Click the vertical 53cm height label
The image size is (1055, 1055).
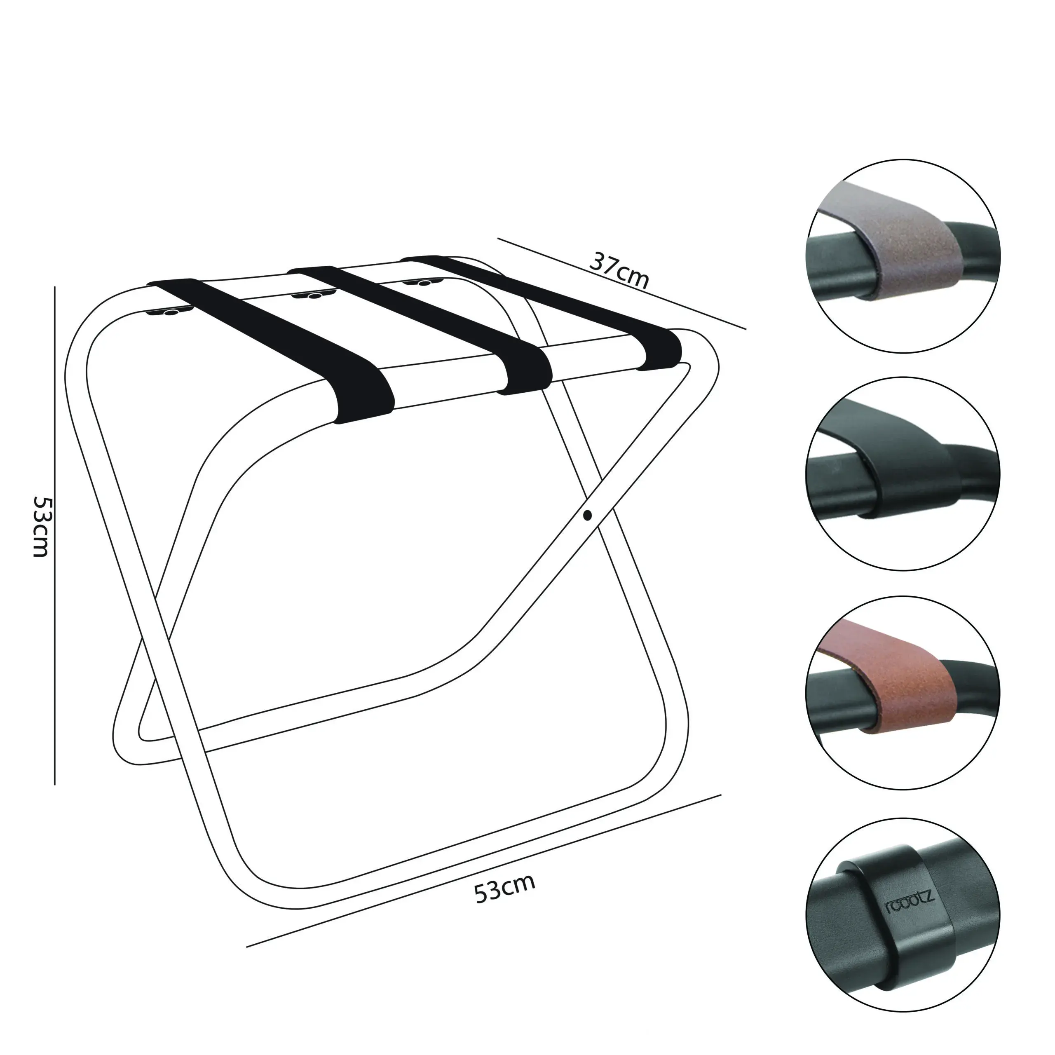(x=41, y=526)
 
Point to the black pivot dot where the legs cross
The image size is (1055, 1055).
(x=588, y=515)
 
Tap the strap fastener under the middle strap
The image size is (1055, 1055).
(x=313, y=295)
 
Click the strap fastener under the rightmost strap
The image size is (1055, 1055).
(x=424, y=282)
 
